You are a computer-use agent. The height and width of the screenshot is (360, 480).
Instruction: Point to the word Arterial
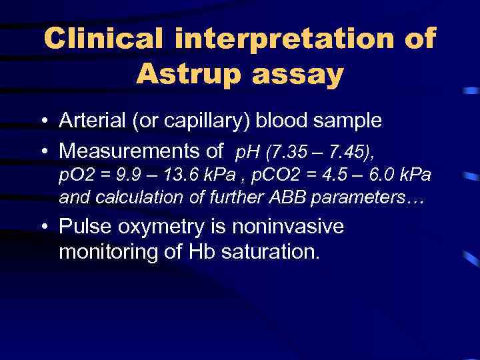(x=88, y=121)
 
